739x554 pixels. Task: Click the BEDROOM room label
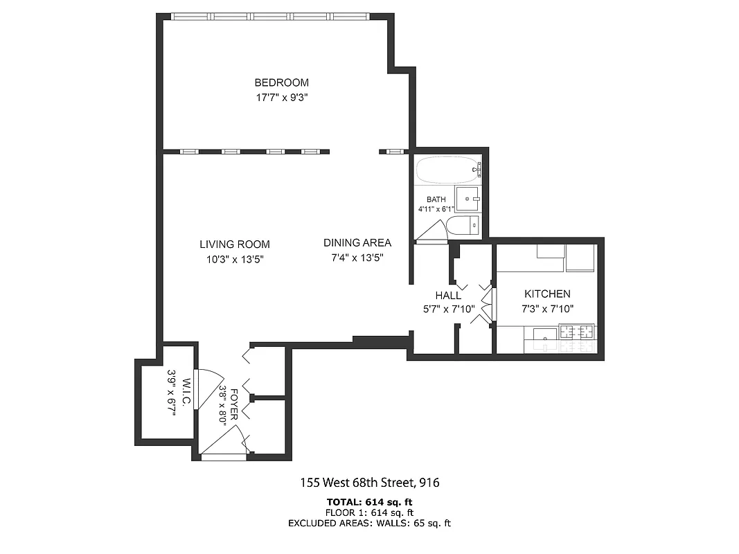click(281, 82)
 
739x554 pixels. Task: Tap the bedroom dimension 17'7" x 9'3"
click(281, 98)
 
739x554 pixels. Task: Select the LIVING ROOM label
click(235, 244)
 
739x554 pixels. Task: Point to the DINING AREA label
click(357, 243)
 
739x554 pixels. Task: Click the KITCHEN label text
click(547, 294)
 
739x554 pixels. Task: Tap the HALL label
click(448, 296)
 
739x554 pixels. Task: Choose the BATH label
click(436, 200)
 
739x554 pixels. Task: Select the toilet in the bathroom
click(462, 225)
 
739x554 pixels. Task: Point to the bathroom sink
click(468, 199)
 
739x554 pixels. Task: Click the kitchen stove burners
click(577, 332)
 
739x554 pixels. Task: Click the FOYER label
click(235, 404)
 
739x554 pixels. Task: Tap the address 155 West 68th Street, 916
click(370, 482)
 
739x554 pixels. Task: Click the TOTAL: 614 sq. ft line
click(370, 502)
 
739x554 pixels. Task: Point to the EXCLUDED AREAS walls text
click(370, 524)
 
